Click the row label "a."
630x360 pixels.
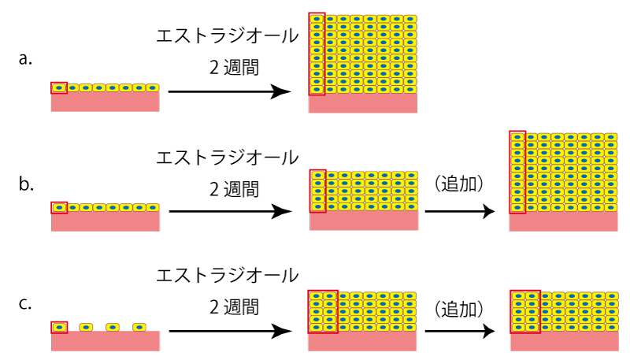point(25,58)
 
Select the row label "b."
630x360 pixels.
point(25,185)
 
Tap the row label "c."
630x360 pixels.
point(25,302)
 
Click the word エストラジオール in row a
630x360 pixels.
point(228,36)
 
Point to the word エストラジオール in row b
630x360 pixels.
point(228,157)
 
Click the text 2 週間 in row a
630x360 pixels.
point(235,69)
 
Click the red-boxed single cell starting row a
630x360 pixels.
point(58,87)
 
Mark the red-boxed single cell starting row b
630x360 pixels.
point(58,208)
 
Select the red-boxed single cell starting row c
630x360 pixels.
point(58,326)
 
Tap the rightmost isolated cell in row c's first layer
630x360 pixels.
point(139,326)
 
